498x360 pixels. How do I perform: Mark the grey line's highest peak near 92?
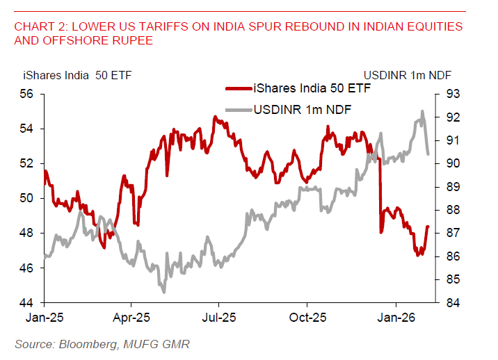(x=421, y=111)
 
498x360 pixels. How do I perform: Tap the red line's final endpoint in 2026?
(x=428, y=226)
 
